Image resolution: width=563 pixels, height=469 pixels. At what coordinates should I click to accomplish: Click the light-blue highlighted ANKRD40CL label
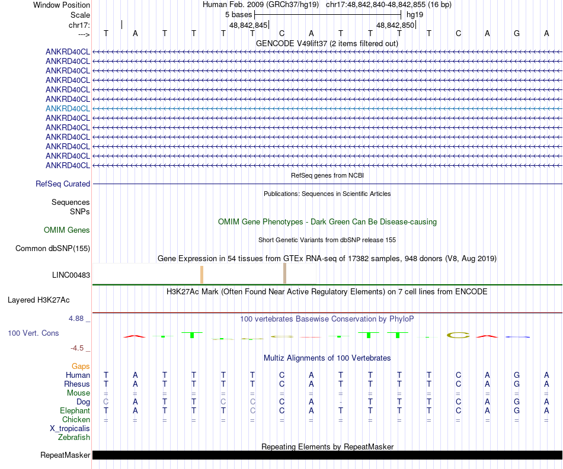tap(68, 108)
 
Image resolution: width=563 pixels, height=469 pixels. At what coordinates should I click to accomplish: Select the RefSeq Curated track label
tap(63, 184)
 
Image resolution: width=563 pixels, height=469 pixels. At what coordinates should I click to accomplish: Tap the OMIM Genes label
tap(67, 230)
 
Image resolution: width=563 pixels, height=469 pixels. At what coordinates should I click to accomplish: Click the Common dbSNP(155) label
tap(53, 249)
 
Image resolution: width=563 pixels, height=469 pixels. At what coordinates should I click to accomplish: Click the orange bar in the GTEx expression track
tap(202, 275)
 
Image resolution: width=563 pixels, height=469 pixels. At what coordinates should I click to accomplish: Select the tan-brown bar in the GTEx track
tap(285, 274)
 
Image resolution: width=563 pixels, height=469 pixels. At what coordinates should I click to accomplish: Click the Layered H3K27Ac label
tap(49, 300)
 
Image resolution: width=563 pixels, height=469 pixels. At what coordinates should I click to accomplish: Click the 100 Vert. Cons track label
tap(33, 333)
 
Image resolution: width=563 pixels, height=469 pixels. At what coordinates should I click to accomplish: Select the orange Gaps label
tap(81, 367)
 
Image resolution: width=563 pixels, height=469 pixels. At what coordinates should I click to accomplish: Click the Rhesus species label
tap(77, 384)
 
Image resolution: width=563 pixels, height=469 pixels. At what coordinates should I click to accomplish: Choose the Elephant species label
tap(75, 410)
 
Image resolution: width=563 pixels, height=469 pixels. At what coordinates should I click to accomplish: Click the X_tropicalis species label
tap(70, 428)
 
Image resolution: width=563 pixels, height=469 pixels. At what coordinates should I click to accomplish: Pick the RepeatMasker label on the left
tap(65, 455)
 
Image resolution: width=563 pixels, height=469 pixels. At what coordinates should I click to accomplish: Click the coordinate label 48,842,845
tap(248, 25)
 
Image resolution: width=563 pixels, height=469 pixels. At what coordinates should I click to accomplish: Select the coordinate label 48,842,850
tap(395, 25)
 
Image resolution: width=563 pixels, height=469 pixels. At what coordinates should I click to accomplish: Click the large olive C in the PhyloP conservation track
tap(458, 335)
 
